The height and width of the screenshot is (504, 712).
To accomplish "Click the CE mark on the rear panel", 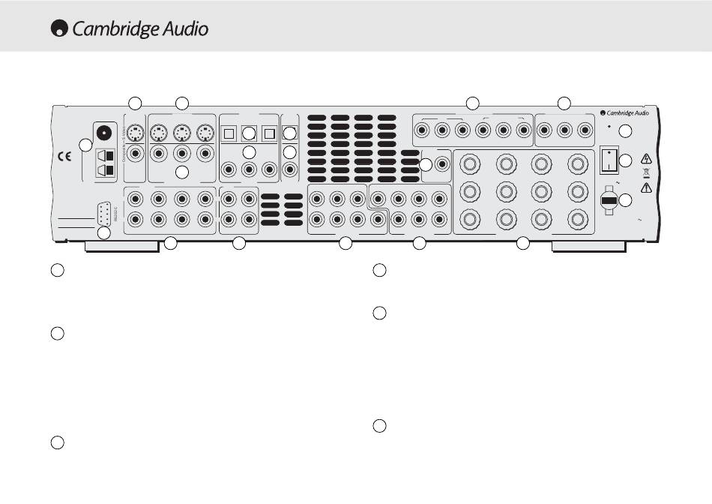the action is click(65, 157).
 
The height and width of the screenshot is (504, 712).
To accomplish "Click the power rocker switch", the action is click(609, 161).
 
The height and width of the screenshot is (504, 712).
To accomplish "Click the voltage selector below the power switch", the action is click(609, 201).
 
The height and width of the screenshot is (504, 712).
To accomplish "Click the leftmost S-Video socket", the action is click(136, 133).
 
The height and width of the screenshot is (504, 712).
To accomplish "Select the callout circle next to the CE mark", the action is click(87, 145).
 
